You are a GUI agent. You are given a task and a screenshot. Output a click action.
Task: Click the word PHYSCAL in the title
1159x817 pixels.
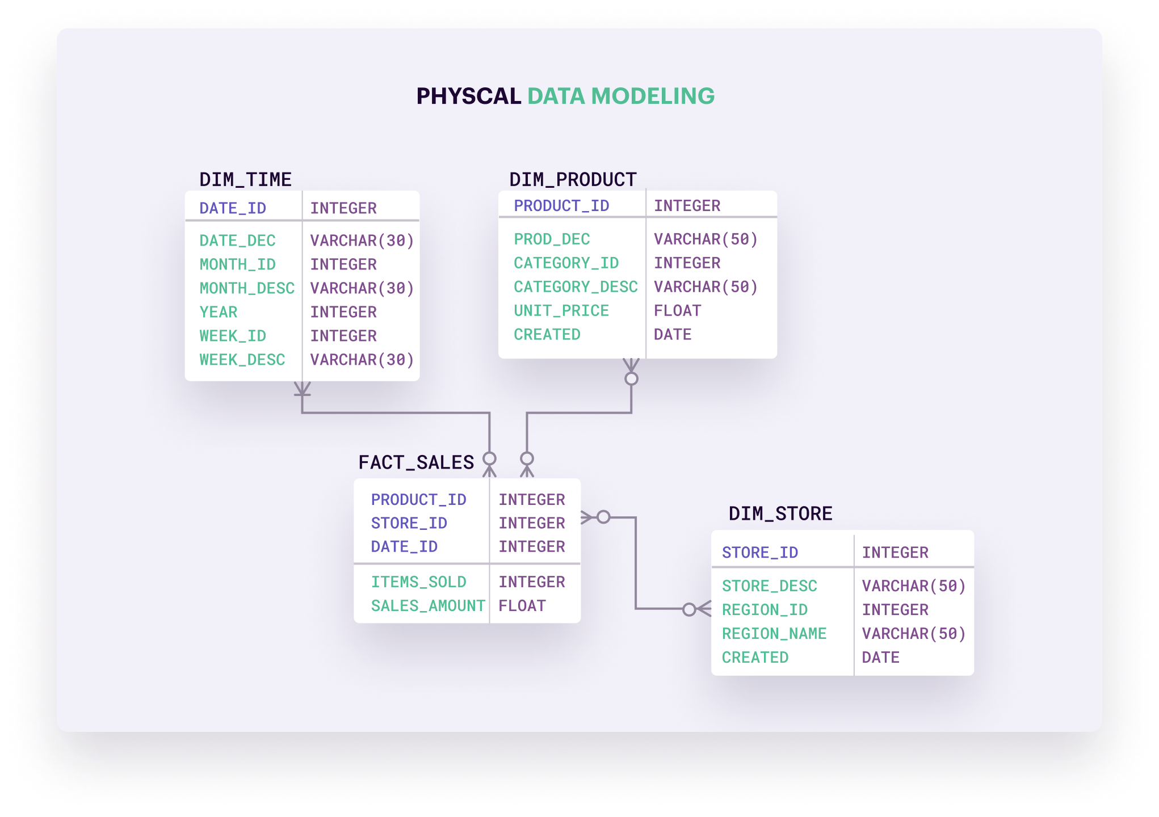coord(468,96)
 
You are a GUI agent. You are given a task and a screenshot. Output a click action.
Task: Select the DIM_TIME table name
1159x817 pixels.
coord(245,179)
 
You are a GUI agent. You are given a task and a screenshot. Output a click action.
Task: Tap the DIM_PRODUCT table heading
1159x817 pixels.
coord(573,179)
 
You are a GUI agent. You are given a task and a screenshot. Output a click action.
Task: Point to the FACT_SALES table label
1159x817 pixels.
coord(416,462)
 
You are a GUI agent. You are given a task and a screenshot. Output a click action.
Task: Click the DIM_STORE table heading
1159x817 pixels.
coord(780,513)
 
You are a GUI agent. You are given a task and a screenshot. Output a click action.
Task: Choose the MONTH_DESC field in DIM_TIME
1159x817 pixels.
coord(247,288)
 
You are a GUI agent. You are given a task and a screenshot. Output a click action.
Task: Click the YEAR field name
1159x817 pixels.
coord(219,312)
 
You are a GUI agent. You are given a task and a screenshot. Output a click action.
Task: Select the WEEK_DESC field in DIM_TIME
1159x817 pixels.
coord(242,360)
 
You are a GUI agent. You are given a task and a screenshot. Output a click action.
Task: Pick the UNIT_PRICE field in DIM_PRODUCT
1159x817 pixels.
coord(561,310)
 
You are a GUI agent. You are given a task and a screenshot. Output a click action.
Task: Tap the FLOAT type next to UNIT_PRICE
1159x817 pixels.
coord(677,310)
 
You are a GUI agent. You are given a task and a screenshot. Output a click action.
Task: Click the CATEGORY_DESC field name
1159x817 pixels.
coord(576,287)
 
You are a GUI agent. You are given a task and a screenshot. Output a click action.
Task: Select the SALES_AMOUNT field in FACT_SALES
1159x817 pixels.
coord(428,605)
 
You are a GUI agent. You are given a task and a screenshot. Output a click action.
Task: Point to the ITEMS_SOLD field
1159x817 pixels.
coord(418,582)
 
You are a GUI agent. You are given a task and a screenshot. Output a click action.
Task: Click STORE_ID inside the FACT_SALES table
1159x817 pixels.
coord(409,523)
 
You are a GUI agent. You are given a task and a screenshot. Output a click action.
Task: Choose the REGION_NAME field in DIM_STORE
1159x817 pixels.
coord(774,633)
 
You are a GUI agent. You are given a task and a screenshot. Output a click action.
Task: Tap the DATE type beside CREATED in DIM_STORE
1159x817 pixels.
coord(880,657)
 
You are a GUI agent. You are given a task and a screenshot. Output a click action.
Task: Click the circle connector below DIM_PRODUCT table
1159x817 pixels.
coord(631,378)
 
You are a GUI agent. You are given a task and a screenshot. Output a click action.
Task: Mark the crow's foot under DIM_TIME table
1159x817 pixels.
coord(302,389)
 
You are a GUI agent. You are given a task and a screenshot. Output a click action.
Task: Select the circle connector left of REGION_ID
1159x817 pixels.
coord(689,609)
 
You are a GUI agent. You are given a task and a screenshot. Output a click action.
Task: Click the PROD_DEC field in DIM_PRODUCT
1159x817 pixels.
coord(552,239)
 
